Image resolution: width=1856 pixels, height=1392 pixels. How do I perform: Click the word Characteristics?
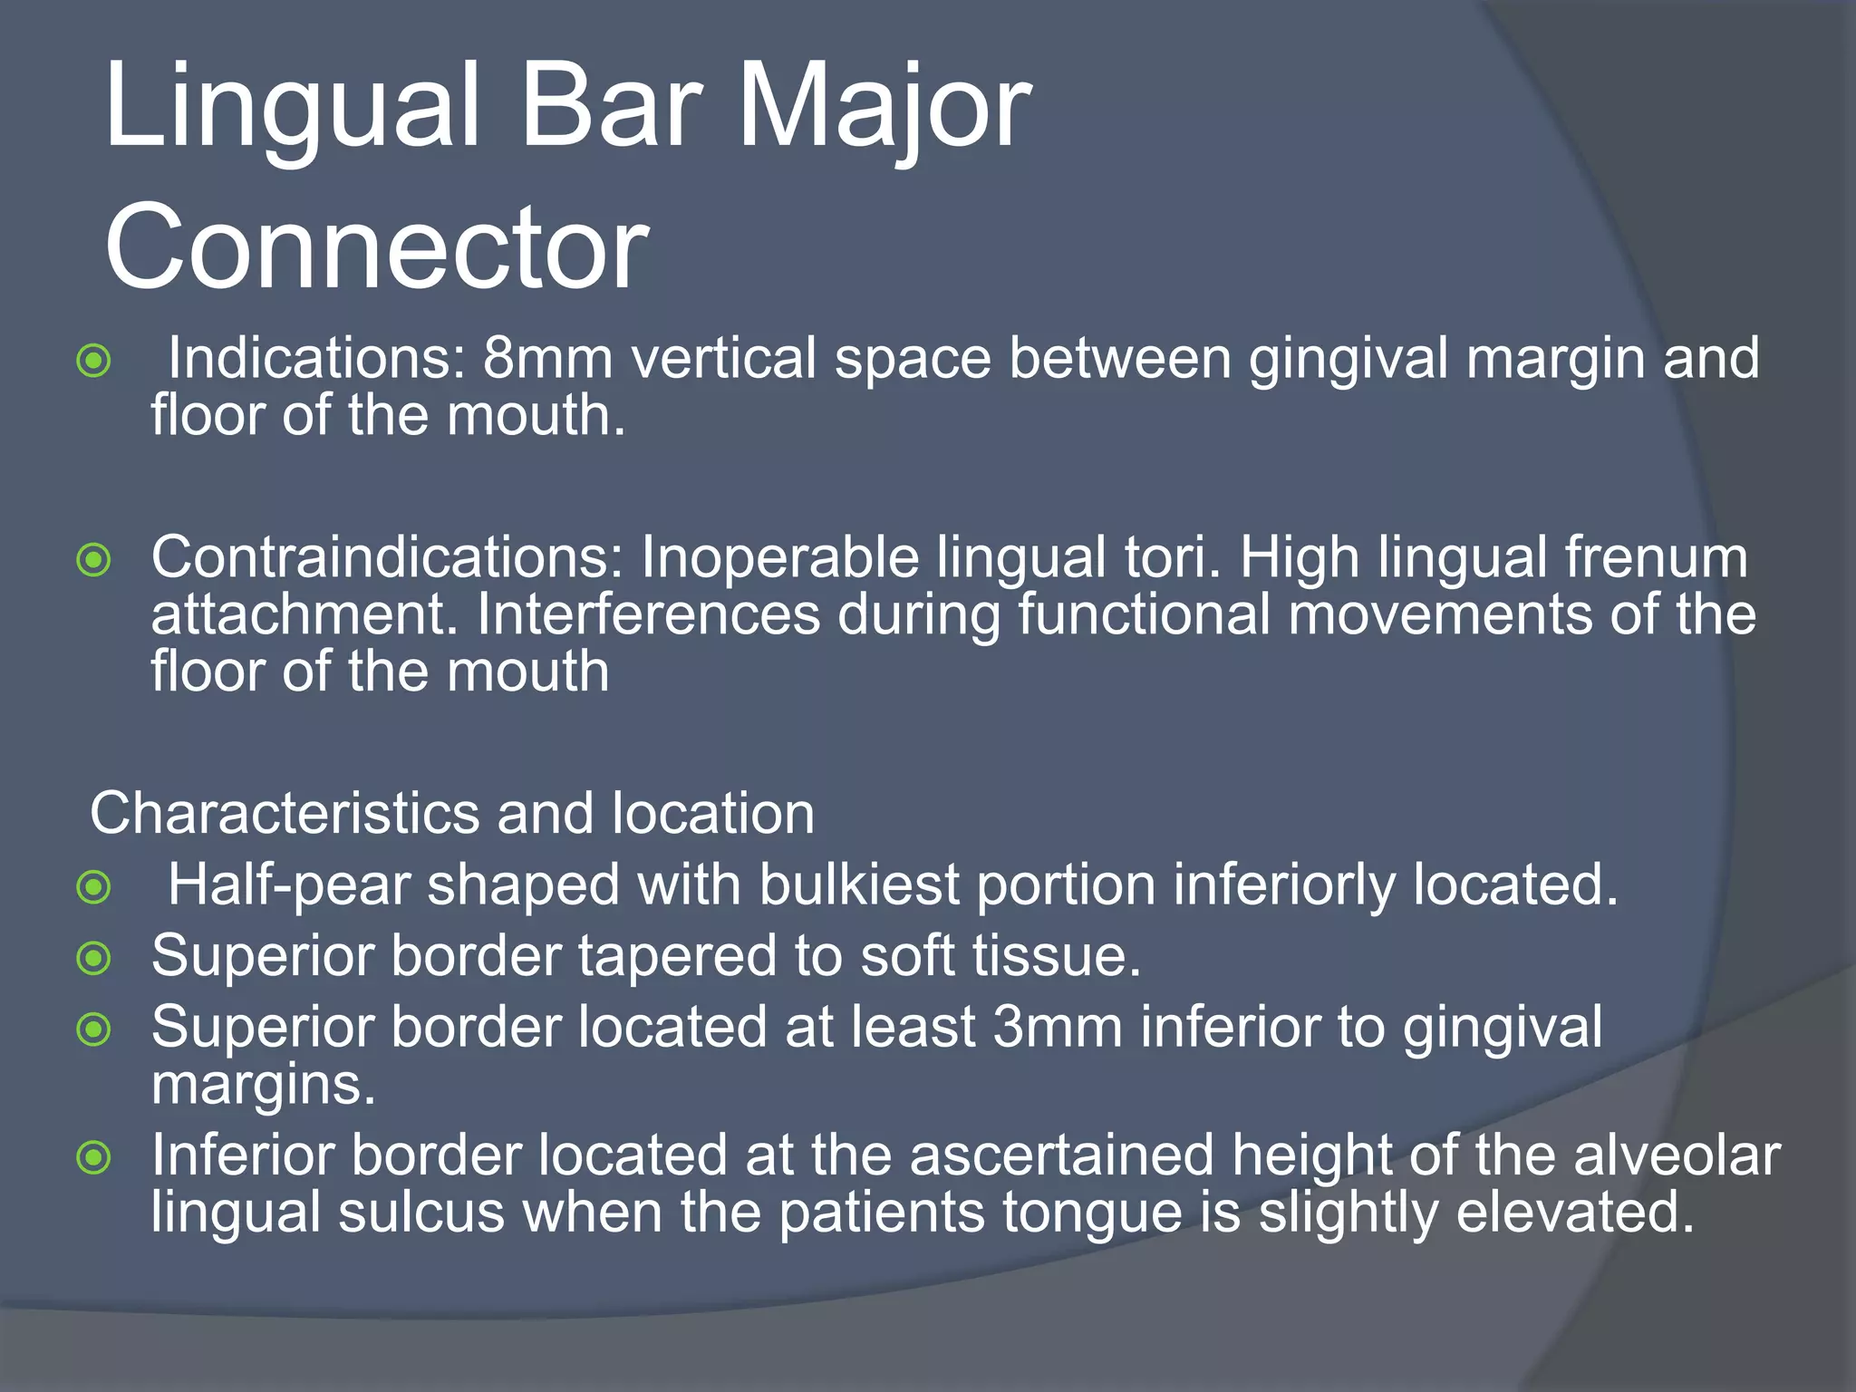click(x=285, y=813)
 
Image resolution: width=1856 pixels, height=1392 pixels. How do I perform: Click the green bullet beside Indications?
click(x=94, y=361)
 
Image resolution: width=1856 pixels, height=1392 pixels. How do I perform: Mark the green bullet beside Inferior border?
click(x=94, y=1157)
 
